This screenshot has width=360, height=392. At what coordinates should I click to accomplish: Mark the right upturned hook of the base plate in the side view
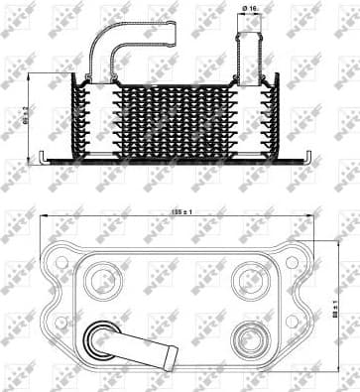tap(309, 155)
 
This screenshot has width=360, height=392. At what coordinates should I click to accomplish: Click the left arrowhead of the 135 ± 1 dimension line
tap(45, 218)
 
